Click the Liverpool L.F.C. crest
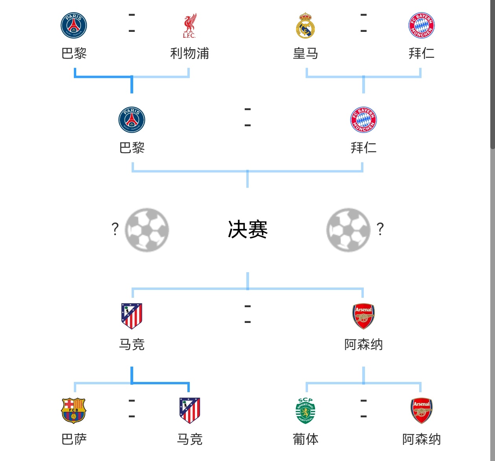pyautogui.click(x=189, y=26)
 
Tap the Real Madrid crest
pyautogui.click(x=305, y=26)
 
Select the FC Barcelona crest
pyautogui.click(x=74, y=410)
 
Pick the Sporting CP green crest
pyautogui.click(x=305, y=410)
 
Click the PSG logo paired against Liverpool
pyautogui.click(x=74, y=26)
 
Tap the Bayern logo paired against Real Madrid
pyautogui.click(x=421, y=26)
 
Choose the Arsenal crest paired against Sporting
pyautogui.click(x=421, y=410)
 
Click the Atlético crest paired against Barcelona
pyautogui.click(x=190, y=410)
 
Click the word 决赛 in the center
pyautogui.click(x=247, y=230)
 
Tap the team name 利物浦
pyautogui.click(x=189, y=53)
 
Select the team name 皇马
pyautogui.click(x=305, y=53)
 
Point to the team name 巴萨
pyautogui.click(x=74, y=439)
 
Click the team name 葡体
pyautogui.click(x=305, y=439)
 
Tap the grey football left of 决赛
pyautogui.click(x=147, y=230)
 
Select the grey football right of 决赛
pyautogui.click(x=348, y=230)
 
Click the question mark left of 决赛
pyautogui.click(x=115, y=229)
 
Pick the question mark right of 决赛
pyautogui.click(x=380, y=229)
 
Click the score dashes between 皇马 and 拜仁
pyautogui.click(x=363, y=23)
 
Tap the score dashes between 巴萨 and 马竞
pyautogui.click(x=132, y=409)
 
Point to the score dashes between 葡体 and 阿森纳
pyautogui.click(x=363, y=409)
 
